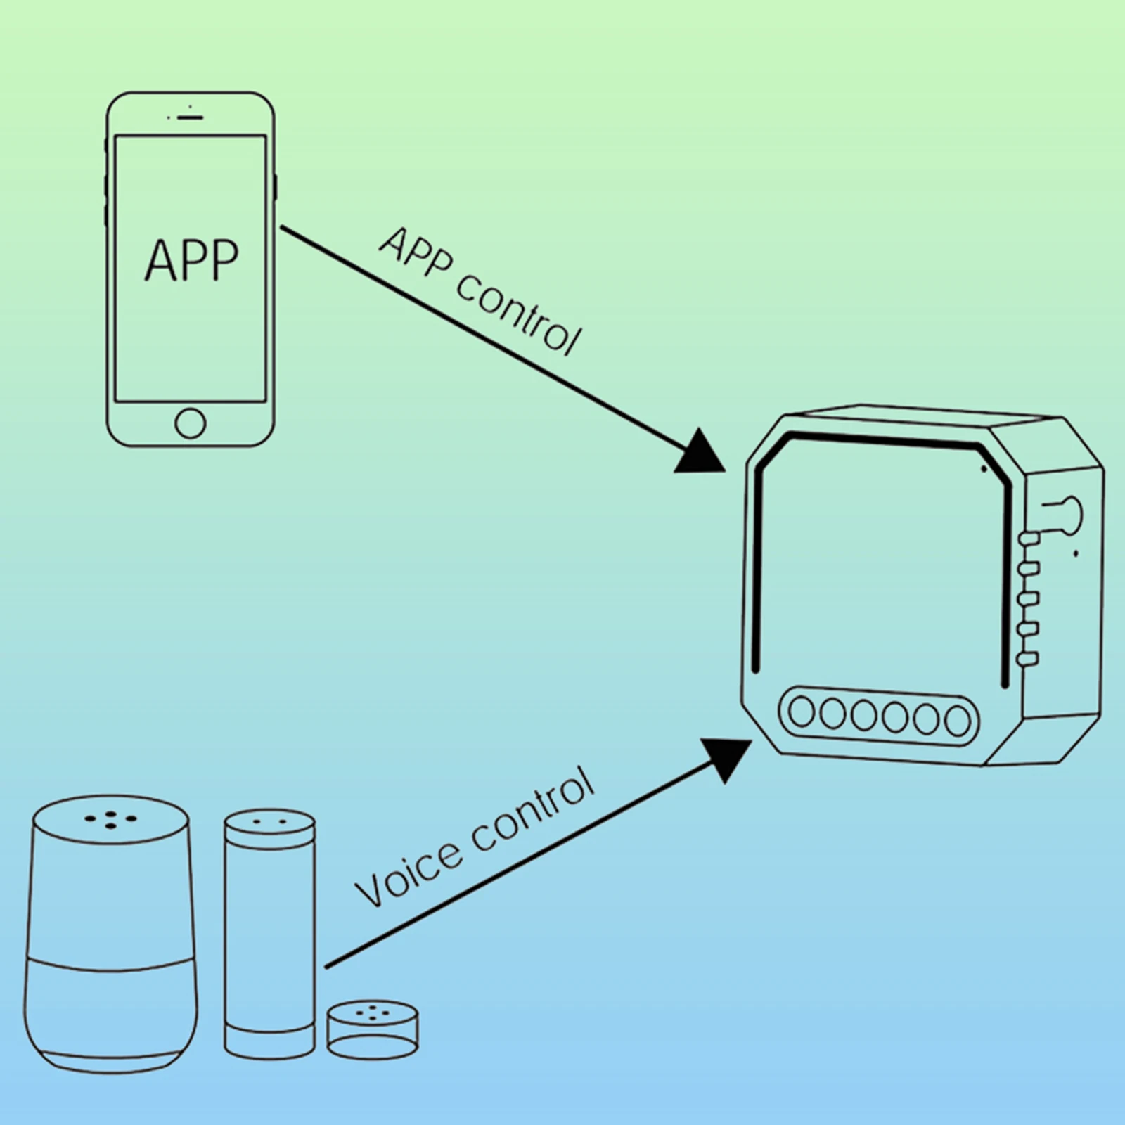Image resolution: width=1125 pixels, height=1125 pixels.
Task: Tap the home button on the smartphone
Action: [x=190, y=423]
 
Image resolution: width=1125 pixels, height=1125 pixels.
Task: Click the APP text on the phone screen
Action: [x=191, y=260]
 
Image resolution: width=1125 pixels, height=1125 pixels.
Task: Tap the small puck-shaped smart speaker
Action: [x=372, y=1029]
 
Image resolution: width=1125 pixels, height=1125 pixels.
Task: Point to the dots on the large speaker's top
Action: [x=111, y=820]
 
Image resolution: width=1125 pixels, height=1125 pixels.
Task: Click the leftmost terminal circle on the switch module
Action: [x=801, y=712]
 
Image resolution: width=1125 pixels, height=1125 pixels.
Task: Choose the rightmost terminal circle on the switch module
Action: [x=957, y=721]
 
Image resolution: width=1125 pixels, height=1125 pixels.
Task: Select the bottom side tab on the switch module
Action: [x=1028, y=659]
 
